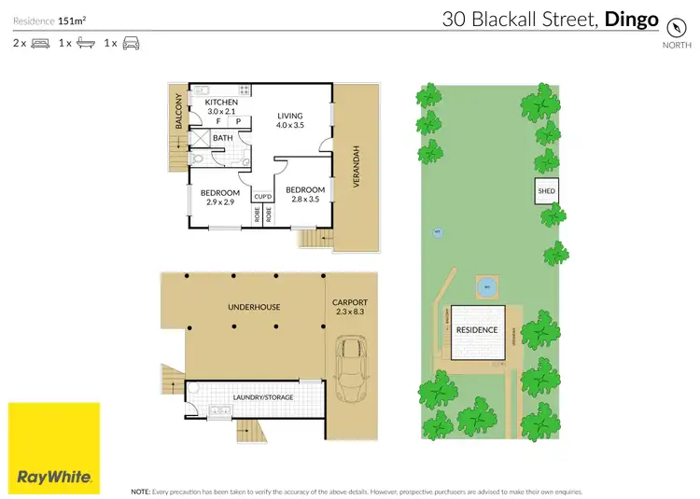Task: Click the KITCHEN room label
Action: click(x=221, y=102)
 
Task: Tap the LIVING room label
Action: click(x=289, y=116)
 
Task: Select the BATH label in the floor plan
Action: click(x=222, y=138)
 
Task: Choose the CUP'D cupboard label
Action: click(x=262, y=196)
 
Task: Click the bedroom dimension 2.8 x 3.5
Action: click(x=305, y=199)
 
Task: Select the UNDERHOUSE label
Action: click(x=255, y=306)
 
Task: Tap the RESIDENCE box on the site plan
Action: click(x=478, y=331)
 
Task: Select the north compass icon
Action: click(x=670, y=28)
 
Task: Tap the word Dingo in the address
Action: click(x=632, y=18)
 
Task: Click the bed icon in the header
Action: click(x=40, y=43)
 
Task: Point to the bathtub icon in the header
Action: click(x=85, y=43)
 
